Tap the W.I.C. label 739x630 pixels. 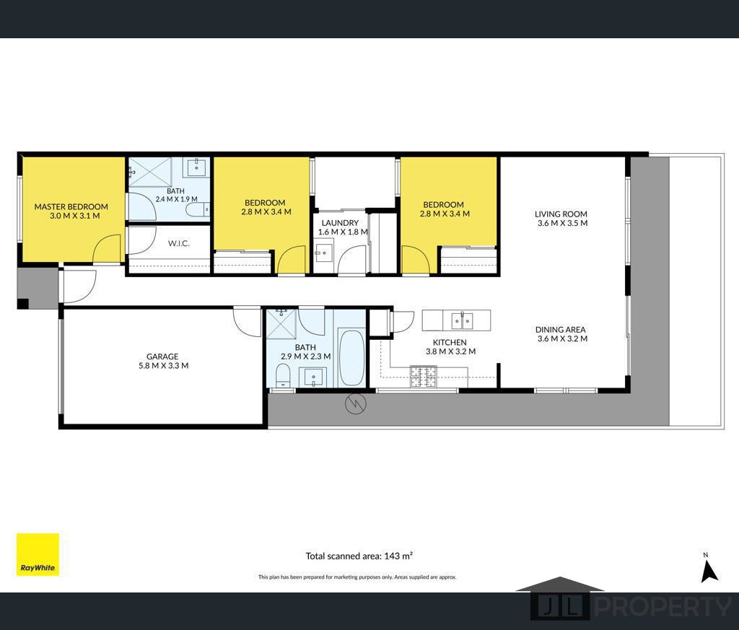[x=179, y=243]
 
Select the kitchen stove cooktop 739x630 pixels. [x=423, y=377]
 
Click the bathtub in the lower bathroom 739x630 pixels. [x=351, y=358]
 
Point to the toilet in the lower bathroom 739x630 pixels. [x=283, y=377]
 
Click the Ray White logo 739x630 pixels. [x=38, y=554]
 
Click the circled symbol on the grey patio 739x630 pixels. [x=356, y=404]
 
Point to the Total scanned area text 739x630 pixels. [x=359, y=556]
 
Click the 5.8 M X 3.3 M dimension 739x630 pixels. [x=164, y=366]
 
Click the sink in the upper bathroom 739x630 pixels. [x=196, y=167]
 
